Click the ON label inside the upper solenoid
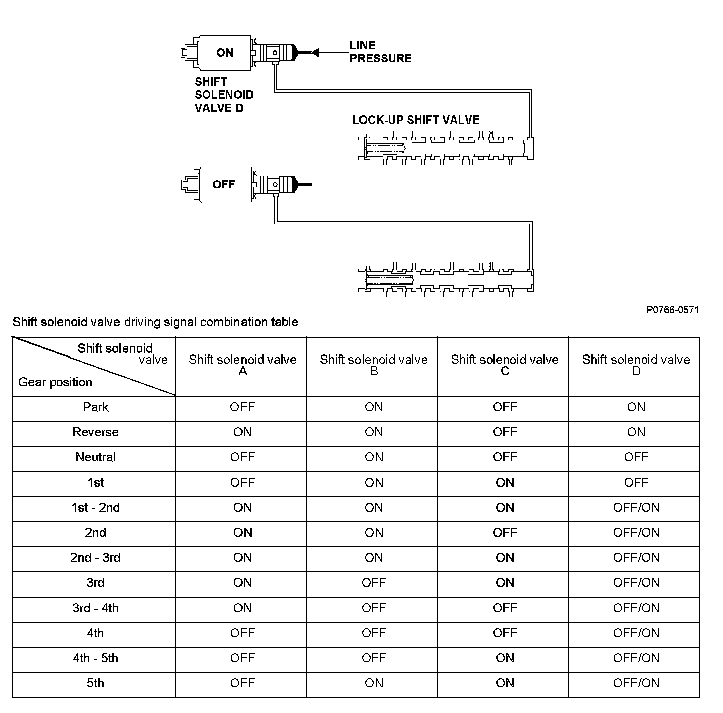click(225, 53)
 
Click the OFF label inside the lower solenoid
click(224, 184)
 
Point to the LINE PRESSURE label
click(380, 52)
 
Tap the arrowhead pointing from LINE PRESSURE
click(315, 52)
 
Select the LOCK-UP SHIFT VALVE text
click(416, 120)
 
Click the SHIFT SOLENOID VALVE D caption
click(224, 95)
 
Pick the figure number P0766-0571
click(672, 310)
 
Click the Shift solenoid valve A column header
click(243, 365)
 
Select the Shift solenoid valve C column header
click(505, 365)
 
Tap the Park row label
click(95, 407)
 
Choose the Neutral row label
click(95, 457)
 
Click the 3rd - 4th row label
click(95, 608)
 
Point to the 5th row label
click(95, 683)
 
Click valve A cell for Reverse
click(243, 432)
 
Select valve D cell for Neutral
click(636, 457)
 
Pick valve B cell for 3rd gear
click(374, 583)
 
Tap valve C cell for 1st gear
click(505, 483)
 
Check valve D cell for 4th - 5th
click(636, 658)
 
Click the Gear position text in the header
click(55, 382)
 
